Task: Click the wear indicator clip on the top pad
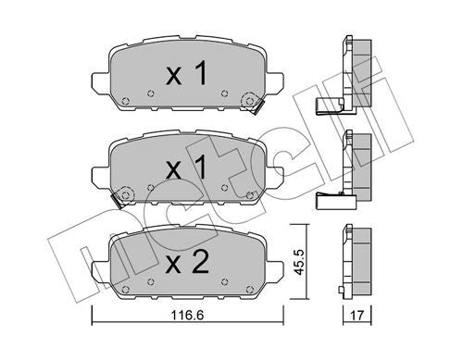[248, 103]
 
